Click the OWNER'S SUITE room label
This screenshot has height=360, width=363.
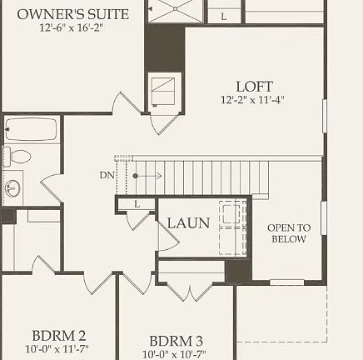pos(73,14)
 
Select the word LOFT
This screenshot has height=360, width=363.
pos(254,86)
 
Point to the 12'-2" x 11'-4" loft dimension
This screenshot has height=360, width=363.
pos(254,100)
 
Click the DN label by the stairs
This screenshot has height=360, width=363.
pos(107,175)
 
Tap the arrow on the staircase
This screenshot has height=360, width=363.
pos(147,176)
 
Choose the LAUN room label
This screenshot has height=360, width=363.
pos(188,222)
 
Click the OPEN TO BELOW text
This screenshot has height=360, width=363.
pos(288,233)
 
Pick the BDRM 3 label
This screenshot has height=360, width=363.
pos(177,341)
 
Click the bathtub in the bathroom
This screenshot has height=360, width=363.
pos(32,130)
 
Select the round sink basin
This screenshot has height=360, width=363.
pos(12,186)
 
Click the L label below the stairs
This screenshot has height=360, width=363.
pos(136,204)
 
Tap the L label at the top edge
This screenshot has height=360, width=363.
pos(224,16)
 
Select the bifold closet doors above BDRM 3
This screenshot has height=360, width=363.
pos(191,292)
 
